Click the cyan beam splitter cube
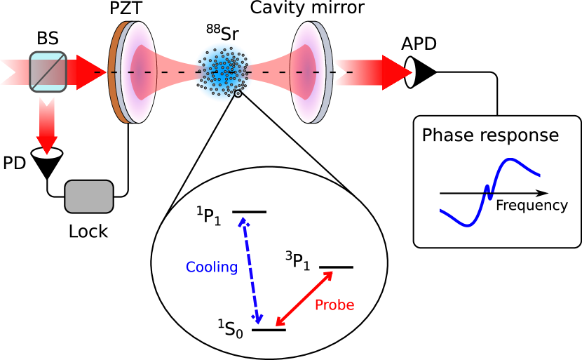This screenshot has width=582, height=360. tap(48, 72)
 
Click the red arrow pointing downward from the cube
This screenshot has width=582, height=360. tap(47, 126)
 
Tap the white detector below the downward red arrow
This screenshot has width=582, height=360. tap(47, 155)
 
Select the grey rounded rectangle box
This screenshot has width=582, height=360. tap(89, 196)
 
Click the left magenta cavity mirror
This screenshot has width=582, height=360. tap(139, 72)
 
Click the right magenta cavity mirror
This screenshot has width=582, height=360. tap(307, 72)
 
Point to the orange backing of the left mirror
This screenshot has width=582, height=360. tap(114, 72)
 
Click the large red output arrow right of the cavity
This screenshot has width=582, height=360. tap(372, 72)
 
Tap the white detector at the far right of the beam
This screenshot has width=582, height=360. tap(412, 72)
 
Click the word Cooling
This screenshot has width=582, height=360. tap(211, 267)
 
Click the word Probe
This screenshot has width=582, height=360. tap(334, 305)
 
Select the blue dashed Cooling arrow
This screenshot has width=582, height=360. tap(250, 271)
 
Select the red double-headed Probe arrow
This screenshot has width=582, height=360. tap(304, 298)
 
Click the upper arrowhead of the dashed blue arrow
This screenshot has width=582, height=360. tap(243, 222)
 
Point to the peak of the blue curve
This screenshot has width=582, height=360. tap(510, 161)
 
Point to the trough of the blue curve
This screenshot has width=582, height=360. tap(468, 225)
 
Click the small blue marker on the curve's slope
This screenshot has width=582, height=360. tap(489, 192)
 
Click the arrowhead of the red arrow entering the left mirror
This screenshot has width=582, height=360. tap(94, 72)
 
